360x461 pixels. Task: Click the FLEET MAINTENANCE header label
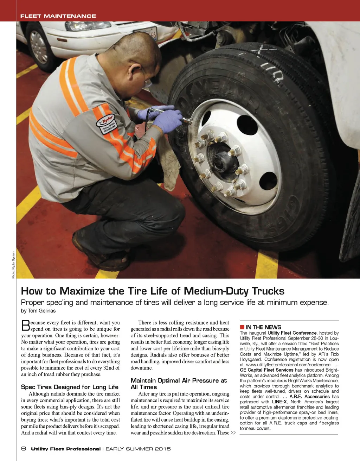tap(58, 16)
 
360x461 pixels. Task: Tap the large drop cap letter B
tap(25, 325)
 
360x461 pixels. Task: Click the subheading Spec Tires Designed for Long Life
tap(70, 387)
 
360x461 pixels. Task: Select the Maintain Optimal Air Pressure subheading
tap(179, 384)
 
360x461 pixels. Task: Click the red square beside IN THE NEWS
tap(242, 327)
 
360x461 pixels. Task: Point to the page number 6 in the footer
tap(24, 449)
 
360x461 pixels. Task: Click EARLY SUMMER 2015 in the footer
tap(138, 449)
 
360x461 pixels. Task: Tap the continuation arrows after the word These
tap(233, 433)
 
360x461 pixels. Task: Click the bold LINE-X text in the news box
tap(279, 402)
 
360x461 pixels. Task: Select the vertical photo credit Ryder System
tap(13, 265)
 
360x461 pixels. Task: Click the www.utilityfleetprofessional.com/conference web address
tap(289, 365)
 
